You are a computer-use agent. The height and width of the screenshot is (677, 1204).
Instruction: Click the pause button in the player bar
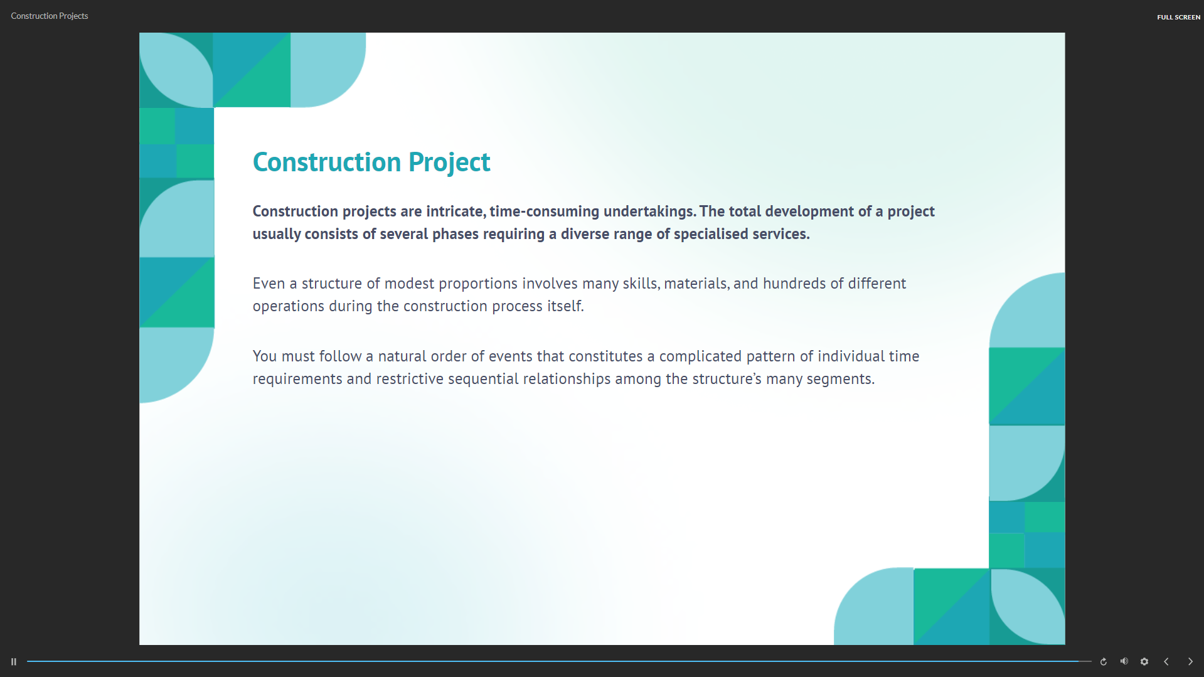pyautogui.click(x=14, y=661)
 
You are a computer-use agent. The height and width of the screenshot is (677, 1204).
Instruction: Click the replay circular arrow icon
pyautogui.click(x=1104, y=661)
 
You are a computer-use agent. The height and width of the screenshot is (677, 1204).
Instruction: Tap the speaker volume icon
pyautogui.click(x=1124, y=661)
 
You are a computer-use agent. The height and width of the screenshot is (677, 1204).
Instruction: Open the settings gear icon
pyautogui.click(x=1144, y=661)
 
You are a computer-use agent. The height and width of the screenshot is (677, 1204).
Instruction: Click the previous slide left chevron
pyautogui.click(x=1166, y=661)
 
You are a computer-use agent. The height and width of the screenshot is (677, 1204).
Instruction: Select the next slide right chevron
pyautogui.click(x=1190, y=661)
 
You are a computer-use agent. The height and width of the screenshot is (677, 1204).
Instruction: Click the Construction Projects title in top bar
pyautogui.click(x=50, y=16)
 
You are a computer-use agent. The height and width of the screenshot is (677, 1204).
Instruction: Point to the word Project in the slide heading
pyautogui.click(x=449, y=163)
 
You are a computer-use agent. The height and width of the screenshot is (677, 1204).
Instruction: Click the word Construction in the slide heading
pyautogui.click(x=327, y=162)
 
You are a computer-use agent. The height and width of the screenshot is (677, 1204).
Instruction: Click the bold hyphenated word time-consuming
pyautogui.click(x=545, y=211)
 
